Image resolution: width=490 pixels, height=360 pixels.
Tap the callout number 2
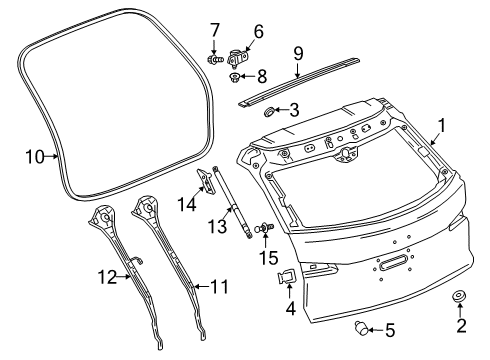click(461, 351)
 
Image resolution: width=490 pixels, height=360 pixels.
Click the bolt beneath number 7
click(214, 57)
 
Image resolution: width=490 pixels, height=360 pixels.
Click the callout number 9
click(298, 51)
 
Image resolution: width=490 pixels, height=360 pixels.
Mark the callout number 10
click(37, 155)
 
